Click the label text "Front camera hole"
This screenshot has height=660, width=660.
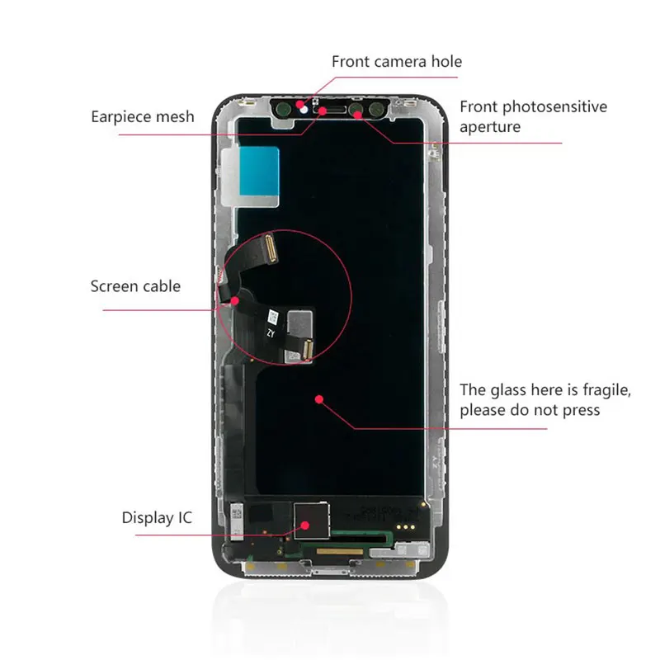(397, 62)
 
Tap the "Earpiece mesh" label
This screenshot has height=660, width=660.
(143, 116)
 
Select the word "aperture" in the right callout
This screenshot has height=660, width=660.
(490, 126)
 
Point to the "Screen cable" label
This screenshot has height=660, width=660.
(135, 287)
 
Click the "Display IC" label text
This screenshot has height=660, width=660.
(157, 518)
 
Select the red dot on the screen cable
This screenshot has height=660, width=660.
(235, 300)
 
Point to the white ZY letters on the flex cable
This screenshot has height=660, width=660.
(270, 333)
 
